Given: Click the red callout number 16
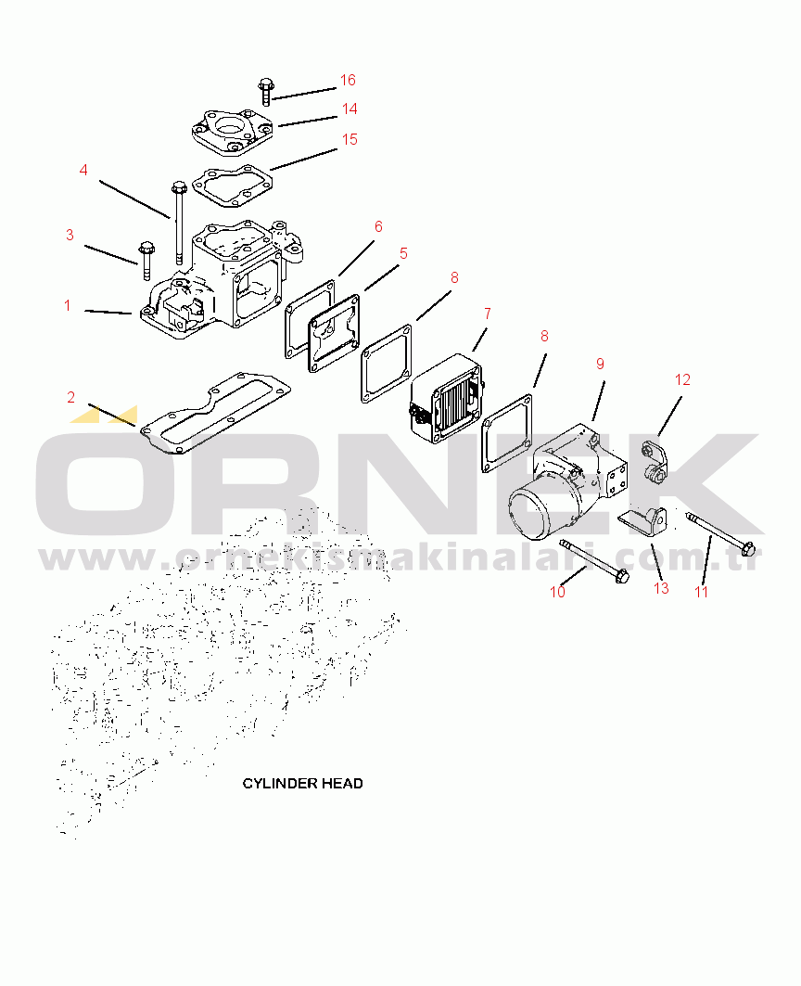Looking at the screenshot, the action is [348, 80].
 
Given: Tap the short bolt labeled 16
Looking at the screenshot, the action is [265, 91].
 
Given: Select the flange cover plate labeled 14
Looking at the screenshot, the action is [233, 131].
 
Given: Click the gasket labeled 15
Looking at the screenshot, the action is [233, 186].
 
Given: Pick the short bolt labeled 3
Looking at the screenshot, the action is [146, 261].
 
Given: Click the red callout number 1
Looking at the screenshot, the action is [68, 305].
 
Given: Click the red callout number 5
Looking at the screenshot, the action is [403, 253].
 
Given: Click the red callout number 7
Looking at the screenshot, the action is [488, 314].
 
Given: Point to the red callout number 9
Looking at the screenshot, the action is [600, 364].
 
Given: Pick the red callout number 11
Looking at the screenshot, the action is [701, 592].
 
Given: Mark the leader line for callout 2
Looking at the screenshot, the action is [112, 415].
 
